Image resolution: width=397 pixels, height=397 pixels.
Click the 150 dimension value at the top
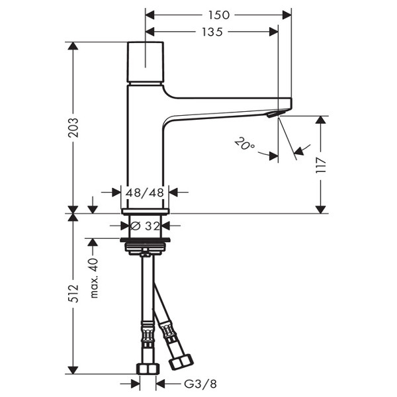point(219,15)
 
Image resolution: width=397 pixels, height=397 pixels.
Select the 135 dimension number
point(212,32)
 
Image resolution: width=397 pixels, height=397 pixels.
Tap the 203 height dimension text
point(73,127)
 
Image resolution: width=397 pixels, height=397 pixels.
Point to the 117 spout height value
point(321,165)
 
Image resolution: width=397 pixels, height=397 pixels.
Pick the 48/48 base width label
point(145,193)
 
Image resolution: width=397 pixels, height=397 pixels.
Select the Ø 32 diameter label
point(146,226)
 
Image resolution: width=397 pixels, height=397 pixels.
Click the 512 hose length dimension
point(73,293)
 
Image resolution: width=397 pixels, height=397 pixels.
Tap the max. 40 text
point(94,278)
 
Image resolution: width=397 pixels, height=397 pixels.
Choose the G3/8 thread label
point(200,384)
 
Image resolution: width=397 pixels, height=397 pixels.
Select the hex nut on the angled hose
point(181,362)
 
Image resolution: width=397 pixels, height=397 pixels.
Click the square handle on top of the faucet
point(145,62)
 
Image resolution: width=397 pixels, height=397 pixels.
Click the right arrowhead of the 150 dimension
point(287,15)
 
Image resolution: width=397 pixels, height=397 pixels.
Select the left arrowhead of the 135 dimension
point(150,32)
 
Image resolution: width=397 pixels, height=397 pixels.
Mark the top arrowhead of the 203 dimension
point(73,46)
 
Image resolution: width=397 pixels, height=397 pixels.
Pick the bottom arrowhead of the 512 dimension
point(73,369)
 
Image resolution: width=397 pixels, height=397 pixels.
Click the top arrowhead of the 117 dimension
point(321,120)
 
